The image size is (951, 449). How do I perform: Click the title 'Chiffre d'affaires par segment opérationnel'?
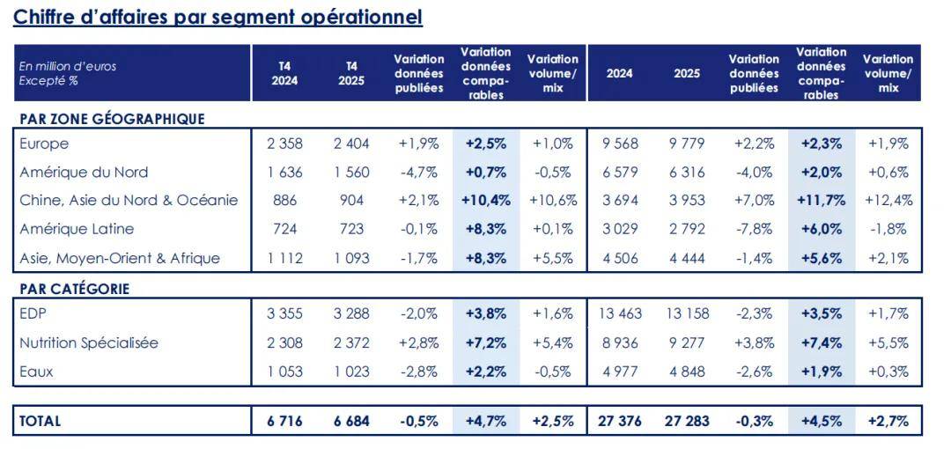click(217, 17)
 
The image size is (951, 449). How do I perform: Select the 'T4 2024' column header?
click(284, 73)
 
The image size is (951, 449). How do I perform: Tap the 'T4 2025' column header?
click(351, 73)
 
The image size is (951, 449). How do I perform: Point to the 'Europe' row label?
click(44, 144)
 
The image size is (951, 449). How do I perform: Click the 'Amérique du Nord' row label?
click(84, 172)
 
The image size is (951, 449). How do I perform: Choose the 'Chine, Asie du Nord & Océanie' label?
click(129, 200)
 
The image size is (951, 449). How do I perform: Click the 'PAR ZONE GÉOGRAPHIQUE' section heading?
click(111, 119)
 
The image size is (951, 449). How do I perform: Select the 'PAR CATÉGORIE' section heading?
click(73, 289)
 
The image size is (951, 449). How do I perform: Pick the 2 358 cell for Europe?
click(284, 144)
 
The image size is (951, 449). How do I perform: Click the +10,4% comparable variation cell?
click(485, 200)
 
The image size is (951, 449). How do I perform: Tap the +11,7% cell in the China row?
click(821, 200)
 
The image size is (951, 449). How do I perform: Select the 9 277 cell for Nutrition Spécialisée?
click(687, 342)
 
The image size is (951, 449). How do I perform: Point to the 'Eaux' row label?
click(36, 372)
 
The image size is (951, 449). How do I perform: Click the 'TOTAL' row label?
click(41, 421)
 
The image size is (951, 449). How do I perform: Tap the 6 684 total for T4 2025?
click(351, 421)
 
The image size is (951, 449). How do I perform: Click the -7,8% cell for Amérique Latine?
click(754, 229)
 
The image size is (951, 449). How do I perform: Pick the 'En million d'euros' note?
click(68, 67)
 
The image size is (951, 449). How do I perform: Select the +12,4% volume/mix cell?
click(888, 200)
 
